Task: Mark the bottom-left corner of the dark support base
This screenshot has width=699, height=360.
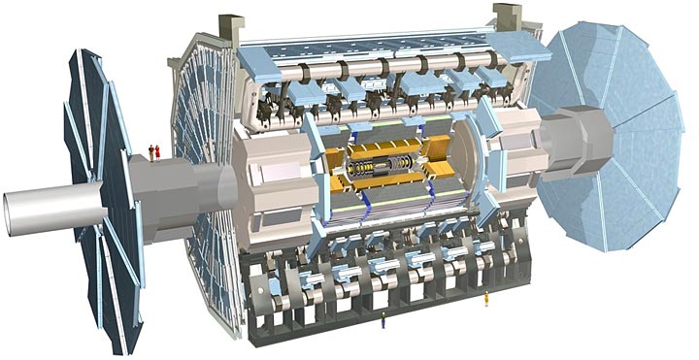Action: click(x=254, y=320)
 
